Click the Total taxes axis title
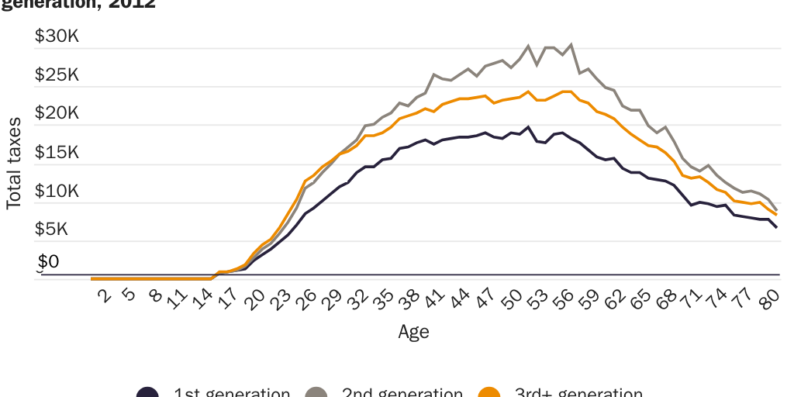click(x=14, y=164)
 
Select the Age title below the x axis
click(x=413, y=332)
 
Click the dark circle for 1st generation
click(x=147, y=393)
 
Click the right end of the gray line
click(x=776, y=210)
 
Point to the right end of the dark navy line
click(x=776, y=227)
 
